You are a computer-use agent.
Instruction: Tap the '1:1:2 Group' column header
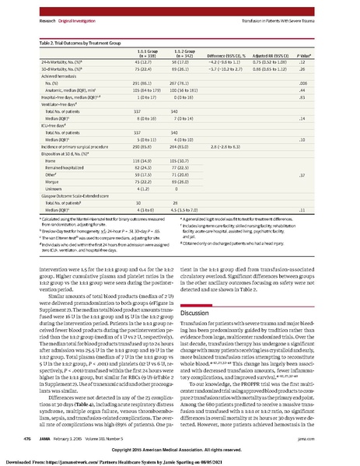195,33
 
